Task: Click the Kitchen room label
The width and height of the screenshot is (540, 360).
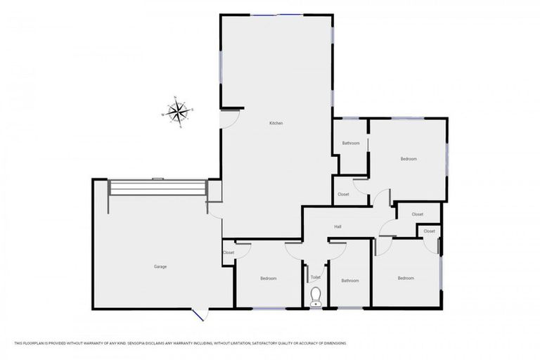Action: click(x=276, y=124)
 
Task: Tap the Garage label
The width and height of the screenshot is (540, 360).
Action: click(x=160, y=266)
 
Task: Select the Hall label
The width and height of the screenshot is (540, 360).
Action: click(x=337, y=226)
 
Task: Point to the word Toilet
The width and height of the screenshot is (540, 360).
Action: click(x=315, y=277)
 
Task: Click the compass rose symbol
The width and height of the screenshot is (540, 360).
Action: click(x=178, y=112)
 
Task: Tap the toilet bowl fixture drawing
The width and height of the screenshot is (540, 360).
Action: click(x=316, y=296)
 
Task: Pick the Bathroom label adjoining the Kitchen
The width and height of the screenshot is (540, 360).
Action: click(x=351, y=143)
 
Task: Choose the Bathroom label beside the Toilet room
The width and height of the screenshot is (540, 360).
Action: click(x=350, y=281)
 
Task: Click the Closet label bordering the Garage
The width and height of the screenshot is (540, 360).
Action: click(x=229, y=252)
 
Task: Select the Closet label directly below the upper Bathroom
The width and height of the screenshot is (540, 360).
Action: click(x=343, y=194)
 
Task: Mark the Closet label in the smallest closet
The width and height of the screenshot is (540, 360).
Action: click(x=429, y=231)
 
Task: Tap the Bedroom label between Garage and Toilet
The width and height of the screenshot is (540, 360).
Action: click(x=268, y=278)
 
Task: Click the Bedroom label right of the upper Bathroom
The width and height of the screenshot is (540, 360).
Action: click(x=409, y=159)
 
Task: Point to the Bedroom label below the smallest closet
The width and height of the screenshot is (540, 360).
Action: click(x=406, y=278)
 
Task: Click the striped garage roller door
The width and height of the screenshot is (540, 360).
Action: click(x=157, y=188)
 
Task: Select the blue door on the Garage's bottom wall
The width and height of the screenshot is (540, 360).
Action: click(x=199, y=314)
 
